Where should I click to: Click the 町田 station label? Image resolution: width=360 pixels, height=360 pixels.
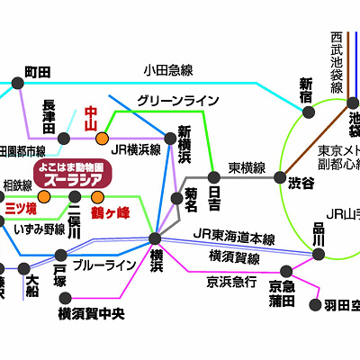pos(37,70)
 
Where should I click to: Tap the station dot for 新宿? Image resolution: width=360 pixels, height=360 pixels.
pos(310,112)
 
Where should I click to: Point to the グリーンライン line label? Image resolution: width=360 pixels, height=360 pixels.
pos(177,101)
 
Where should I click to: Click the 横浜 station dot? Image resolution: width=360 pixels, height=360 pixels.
pos(155,238)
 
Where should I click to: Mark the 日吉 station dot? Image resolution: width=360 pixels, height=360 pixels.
pos(213,175)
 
